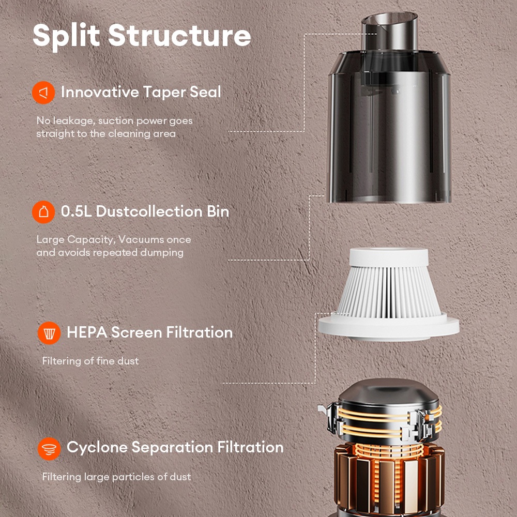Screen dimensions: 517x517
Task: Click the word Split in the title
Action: pos(66,36)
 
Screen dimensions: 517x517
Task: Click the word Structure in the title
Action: pos(179,35)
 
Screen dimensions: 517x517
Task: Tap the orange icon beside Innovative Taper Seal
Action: pos(43,93)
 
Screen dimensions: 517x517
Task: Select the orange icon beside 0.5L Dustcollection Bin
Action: pos(43,212)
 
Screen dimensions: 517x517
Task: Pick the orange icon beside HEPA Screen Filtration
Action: pos(49,333)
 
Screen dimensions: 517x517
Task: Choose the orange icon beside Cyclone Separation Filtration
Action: pos(49,449)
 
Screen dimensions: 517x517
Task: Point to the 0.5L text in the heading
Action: pos(76,211)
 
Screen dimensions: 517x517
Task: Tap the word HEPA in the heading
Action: pos(87,332)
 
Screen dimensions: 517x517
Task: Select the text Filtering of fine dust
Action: pos(90,361)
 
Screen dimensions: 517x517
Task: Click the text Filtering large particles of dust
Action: pos(117,477)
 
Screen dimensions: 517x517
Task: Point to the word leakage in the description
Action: pos(74,121)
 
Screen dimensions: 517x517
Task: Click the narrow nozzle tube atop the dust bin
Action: pos(389,32)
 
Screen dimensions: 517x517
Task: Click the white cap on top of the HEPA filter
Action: pos(389,257)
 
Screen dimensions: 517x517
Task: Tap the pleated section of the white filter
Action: pos(389,292)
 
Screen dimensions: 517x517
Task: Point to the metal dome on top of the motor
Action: pos(389,392)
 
